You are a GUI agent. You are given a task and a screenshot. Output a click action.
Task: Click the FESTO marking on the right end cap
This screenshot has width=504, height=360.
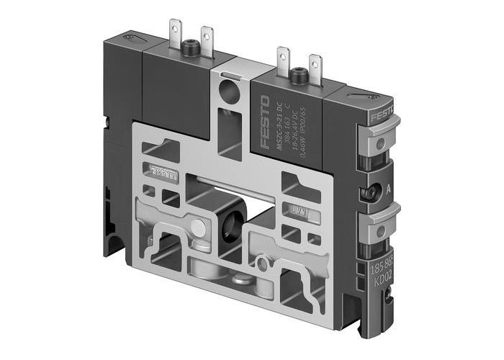[x=382, y=118]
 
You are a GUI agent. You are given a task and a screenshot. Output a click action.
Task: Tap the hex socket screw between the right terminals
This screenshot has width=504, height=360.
[x=297, y=75]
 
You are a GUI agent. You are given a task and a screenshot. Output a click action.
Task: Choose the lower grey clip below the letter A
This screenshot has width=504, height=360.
[x=379, y=228]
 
